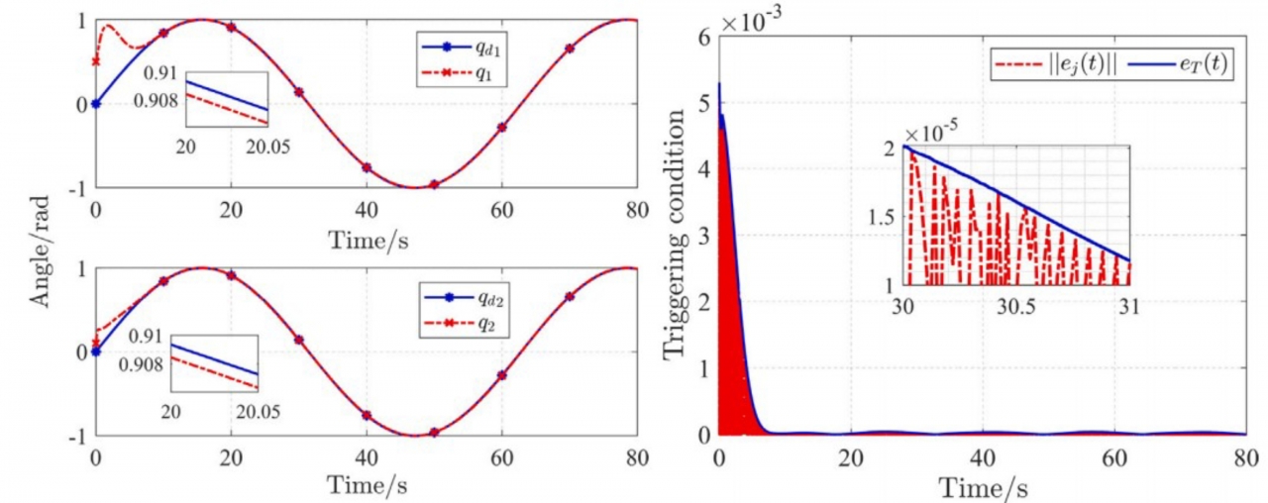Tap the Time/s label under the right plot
pyautogui.click(x=982, y=486)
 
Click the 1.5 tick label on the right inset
pyautogui.click(x=881, y=216)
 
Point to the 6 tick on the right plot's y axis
pyautogui.click(x=704, y=36)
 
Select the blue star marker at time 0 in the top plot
pyautogui.click(x=95, y=103)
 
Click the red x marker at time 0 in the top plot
pyautogui.click(x=95, y=61)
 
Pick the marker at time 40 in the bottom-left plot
pyautogui.click(x=367, y=416)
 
